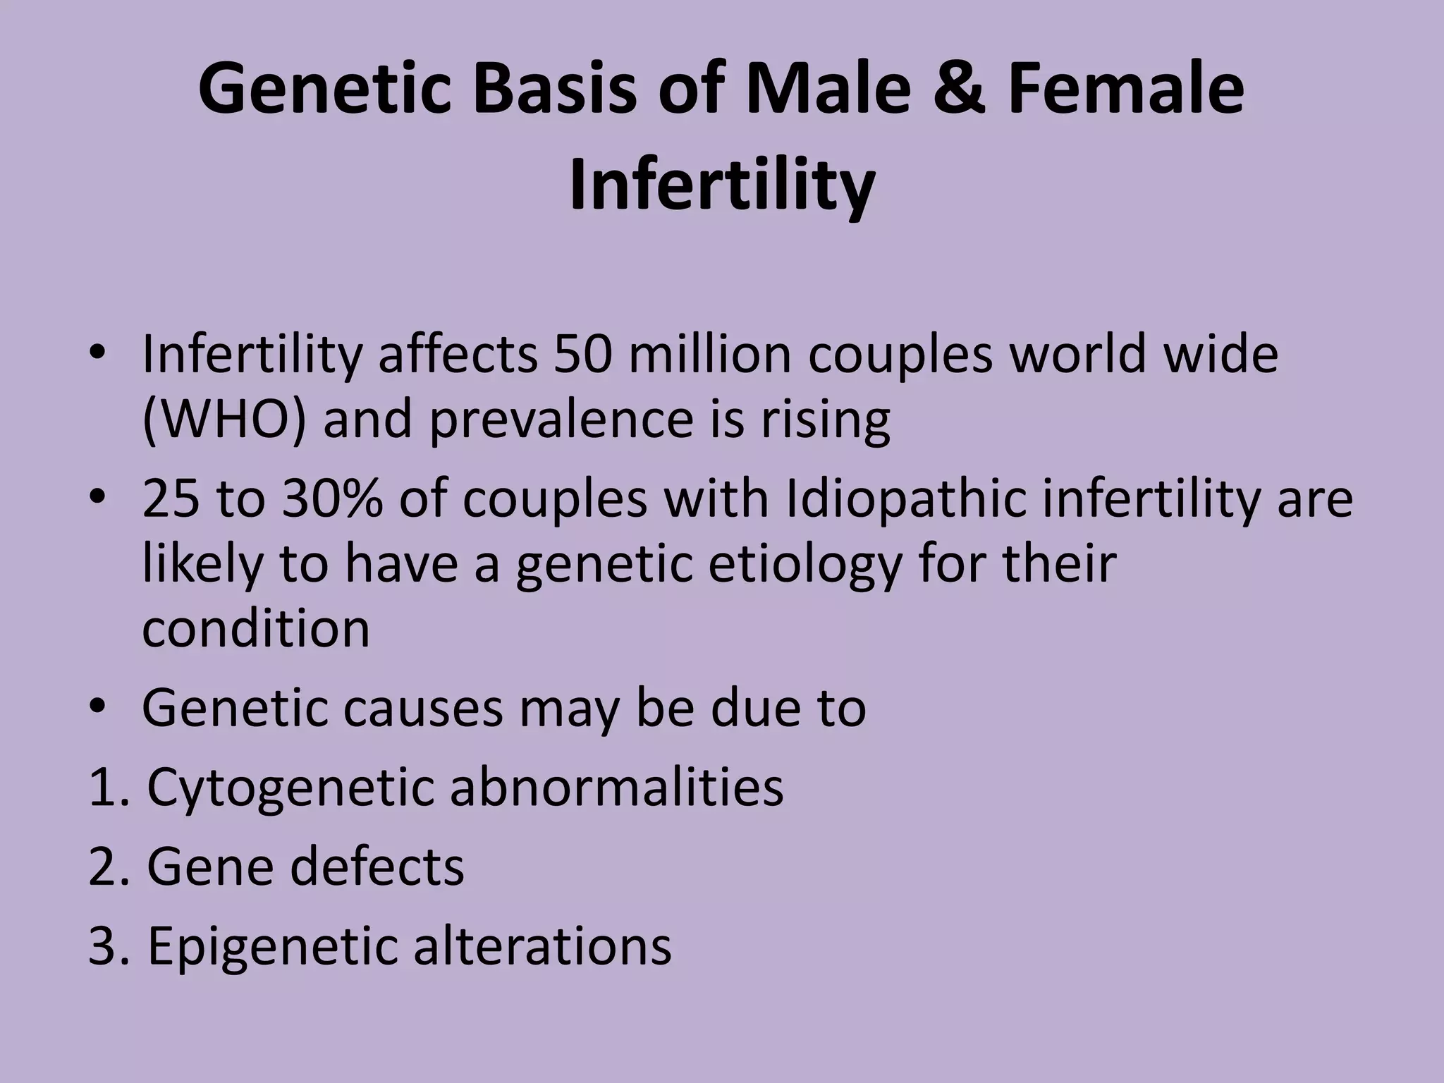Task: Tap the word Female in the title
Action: [x=1126, y=90]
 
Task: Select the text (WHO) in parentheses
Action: [x=224, y=419]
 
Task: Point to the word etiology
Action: [x=804, y=564]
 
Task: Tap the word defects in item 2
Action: [x=377, y=866]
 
